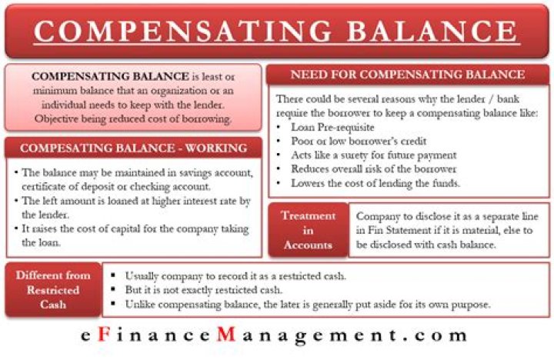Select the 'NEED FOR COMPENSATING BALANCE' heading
(x=408, y=75)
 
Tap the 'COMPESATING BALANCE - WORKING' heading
(x=133, y=148)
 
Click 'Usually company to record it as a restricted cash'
(x=235, y=275)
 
